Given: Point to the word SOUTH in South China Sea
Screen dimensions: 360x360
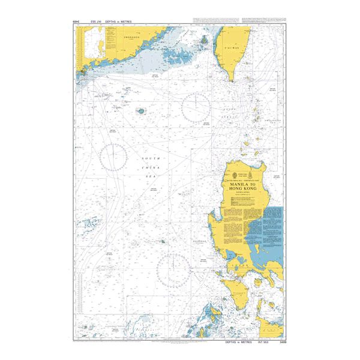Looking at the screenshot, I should (x=149, y=159).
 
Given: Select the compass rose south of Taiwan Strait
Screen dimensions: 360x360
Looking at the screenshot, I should (x=196, y=107).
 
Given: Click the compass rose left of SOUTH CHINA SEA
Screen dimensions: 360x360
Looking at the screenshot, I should (x=113, y=156).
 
